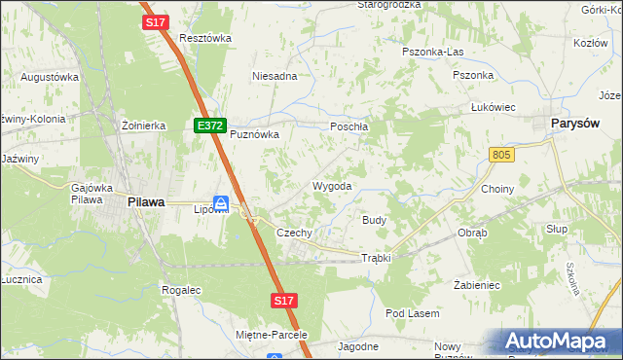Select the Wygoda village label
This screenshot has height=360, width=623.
[x=331, y=186]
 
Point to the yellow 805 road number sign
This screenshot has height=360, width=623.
[x=501, y=155]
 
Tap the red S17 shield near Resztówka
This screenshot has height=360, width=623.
[x=155, y=21]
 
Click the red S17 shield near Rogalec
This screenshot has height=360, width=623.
[x=283, y=301]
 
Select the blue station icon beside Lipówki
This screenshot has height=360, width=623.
[x=222, y=203]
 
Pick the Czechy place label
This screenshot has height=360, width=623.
[x=294, y=234]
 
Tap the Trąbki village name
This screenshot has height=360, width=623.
[x=376, y=258]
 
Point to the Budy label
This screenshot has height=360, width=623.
[x=375, y=221]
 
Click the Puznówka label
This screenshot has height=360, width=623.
[x=254, y=135]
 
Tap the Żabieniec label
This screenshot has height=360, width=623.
[x=477, y=286]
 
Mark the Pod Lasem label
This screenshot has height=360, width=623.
[x=413, y=313]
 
